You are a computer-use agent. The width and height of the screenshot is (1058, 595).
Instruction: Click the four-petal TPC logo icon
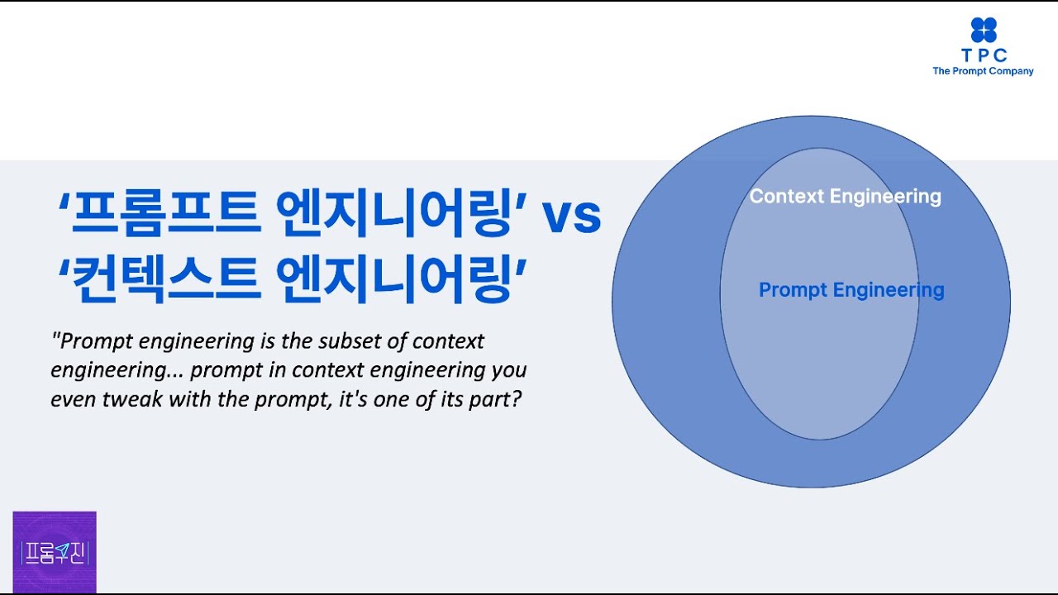point(984,30)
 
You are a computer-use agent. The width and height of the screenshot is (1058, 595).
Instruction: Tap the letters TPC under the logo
point(984,55)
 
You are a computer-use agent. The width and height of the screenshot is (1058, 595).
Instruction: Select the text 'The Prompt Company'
point(983,71)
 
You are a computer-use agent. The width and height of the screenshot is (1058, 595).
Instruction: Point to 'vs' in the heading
point(571,217)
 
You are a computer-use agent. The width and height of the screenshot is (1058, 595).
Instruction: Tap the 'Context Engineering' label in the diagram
point(845,197)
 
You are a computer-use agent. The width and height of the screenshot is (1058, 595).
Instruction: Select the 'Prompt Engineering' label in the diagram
point(851,290)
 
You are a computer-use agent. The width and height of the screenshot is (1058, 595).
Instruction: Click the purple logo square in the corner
point(55,552)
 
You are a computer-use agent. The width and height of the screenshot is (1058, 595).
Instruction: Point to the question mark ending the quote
point(517,399)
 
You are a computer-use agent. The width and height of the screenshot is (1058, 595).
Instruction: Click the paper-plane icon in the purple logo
point(62,550)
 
